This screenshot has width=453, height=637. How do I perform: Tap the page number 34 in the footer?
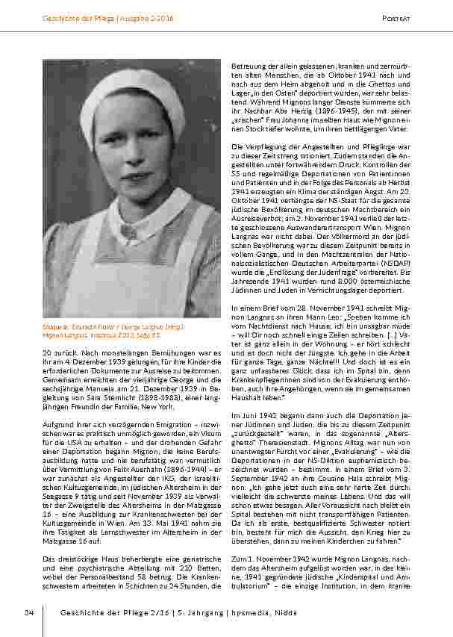point(28,613)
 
